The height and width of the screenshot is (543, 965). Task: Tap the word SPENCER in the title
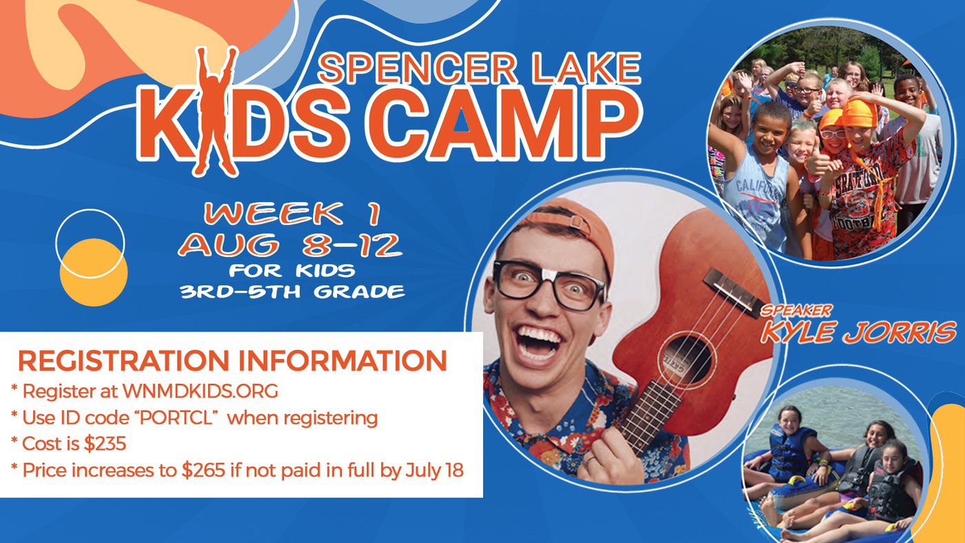pyautogui.click(x=418, y=68)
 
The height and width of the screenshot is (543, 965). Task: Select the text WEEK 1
pyautogui.click(x=293, y=214)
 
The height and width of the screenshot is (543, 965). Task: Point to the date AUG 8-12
pyautogui.click(x=290, y=245)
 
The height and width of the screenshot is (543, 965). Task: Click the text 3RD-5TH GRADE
pyautogui.click(x=292, y=292)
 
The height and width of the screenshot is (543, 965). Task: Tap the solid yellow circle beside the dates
pyautogui.click(x=94, y=272)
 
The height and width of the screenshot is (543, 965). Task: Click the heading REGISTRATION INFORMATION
pyautogui.click(x=233, y=361)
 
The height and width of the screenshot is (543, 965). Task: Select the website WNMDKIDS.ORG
pyautogui.click(x=201, y=391)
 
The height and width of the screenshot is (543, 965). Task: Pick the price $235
pyautogui.click(x=105, y=444)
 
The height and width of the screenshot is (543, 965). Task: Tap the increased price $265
pyautogui.click(x=203, y=470)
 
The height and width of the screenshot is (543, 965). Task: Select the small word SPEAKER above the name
pyautogui.click(x=795, y=311)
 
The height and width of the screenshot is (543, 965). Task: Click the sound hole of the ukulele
pyautogui.click(x=688, y=360)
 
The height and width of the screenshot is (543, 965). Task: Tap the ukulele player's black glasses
pyautogui.click(x=550, y=284)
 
